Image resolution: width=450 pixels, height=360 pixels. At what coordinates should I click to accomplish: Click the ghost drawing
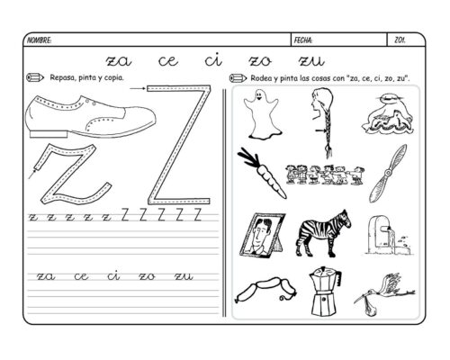[x=261, y=114]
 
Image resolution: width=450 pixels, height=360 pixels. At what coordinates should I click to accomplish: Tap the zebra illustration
[x=323, y=233]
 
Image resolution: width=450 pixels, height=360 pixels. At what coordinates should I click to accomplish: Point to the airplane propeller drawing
[x=388, y=173]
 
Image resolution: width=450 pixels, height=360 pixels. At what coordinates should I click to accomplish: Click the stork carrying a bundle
[x=385, y=293]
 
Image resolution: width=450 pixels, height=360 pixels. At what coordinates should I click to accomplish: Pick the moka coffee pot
[x=325, y=291]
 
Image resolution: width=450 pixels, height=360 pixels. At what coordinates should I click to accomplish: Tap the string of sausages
[x=265, y=290]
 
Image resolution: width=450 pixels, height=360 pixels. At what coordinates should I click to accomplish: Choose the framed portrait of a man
[x=262, y=235]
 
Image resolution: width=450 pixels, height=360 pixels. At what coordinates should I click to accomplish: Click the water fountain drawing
[x=389, y=236]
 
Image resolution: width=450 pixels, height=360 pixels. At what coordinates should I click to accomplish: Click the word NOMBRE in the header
[x=39, y=40]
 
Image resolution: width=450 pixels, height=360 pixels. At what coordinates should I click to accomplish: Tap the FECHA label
[x=303, y=40]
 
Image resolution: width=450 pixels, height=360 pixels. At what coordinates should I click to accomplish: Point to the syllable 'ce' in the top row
[x=168, y=61]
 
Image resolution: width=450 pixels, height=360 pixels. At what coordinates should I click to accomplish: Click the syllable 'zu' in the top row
[x=311, y=61]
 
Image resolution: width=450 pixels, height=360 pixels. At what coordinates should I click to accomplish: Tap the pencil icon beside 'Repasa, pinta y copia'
[x=35, y=77]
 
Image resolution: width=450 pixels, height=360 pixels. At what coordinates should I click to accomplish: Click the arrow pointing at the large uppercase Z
[x=138, y=88]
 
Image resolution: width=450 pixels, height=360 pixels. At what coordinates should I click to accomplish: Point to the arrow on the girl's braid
[x=320, y=130]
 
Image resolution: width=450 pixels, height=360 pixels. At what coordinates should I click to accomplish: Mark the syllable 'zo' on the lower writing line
[x=147, y=276]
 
